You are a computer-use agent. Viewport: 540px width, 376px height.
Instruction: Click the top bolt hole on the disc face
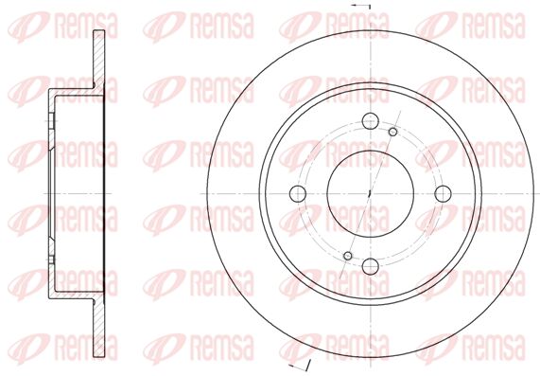tap(371, 120)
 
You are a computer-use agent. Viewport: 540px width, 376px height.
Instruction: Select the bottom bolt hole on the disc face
tap(371, 266)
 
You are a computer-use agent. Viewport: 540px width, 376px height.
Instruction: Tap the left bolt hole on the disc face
tap(298, 193)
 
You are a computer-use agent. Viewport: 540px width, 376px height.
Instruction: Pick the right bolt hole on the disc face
tap(444, 193)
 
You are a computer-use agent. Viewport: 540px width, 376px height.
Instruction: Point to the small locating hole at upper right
tap(393, 132)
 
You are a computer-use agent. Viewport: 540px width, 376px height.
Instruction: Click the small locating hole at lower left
tap(348, 256)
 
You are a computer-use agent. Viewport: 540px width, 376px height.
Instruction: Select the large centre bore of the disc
tap(371, 193)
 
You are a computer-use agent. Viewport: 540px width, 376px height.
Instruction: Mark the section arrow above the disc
tap(360, 7)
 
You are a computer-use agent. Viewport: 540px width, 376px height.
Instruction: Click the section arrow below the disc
tap(299, 365)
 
